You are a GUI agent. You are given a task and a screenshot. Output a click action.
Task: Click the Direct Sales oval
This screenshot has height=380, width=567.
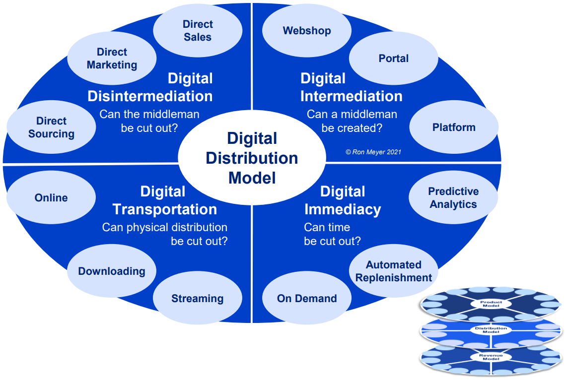coord(198,31)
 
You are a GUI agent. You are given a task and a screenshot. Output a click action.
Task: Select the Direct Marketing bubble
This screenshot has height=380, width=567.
coord(112,59)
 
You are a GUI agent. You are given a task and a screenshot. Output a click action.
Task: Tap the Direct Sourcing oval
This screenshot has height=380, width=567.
coord(51,127)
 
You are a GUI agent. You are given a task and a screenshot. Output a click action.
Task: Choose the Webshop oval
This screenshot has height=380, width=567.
coord(307,31)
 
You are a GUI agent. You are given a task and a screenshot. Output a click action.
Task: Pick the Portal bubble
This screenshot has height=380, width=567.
coord(393,59)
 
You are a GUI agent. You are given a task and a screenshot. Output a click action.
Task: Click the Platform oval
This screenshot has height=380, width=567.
coord(454,127)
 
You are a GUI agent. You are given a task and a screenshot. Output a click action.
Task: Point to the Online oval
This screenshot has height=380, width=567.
coord(51,198)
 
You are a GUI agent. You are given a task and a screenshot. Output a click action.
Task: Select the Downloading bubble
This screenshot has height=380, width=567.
coord(112,271)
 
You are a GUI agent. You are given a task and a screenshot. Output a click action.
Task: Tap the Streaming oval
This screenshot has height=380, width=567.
coord(198,299)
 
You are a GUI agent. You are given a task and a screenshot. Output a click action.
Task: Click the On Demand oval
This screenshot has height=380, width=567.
coord(307,299)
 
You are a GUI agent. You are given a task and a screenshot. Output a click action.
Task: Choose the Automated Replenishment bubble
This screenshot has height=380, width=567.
coord(394,271)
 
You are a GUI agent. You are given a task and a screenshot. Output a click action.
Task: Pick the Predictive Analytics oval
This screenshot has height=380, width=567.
coord(453,198)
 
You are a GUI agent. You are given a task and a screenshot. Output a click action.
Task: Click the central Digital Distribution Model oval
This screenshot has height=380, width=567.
coord(252,158)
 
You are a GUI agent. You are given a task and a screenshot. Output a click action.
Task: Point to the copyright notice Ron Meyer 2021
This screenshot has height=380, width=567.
coord(373,152)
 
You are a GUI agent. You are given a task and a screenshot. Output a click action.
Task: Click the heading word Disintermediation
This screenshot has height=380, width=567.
coord(150,96)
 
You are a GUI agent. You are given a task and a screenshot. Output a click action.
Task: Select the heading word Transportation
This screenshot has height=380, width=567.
coord(165,209)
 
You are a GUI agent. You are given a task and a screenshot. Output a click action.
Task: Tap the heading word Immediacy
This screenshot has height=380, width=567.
coord(343,209)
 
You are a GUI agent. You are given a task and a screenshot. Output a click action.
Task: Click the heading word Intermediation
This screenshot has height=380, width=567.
coord(352,96)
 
